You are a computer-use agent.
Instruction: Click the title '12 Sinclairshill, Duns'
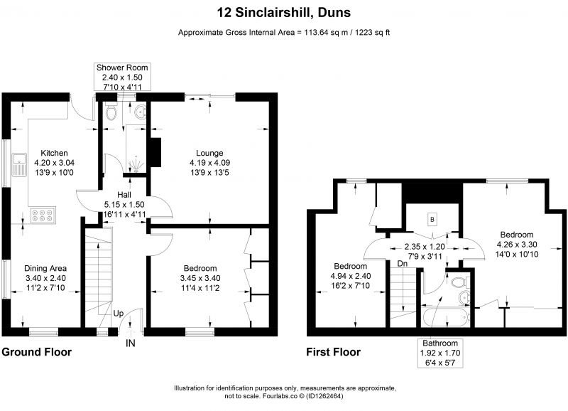[283, 13]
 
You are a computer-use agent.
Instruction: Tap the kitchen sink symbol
[19, 165]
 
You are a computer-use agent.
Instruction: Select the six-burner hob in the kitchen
[43, 215]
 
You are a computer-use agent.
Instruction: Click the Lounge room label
[209, 153]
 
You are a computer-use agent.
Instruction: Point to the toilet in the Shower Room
[111, 110]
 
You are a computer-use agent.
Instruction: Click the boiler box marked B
[432, 220]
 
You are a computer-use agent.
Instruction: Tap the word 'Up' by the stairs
[119, 314]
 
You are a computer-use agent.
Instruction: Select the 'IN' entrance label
[131, 343]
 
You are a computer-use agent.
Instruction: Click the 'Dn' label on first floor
[403, 264]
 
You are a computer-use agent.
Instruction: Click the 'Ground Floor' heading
[37, 352]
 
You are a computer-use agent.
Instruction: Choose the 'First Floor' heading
[333, 352]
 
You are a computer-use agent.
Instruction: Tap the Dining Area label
[45, 269]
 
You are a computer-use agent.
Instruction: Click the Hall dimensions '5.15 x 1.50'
[124, 205]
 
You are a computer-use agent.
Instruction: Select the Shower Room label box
[122, 77]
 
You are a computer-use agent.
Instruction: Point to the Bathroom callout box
[440, 353]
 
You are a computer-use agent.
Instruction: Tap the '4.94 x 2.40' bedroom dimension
[350, 276]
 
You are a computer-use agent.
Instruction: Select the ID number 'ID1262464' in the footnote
[324, 396]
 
